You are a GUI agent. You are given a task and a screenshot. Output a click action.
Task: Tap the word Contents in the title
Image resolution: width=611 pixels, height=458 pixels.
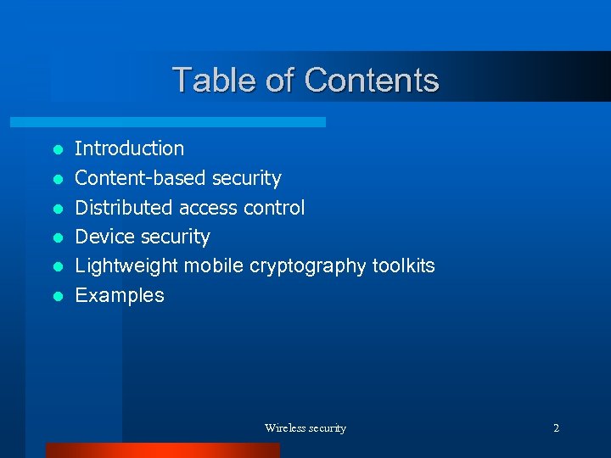pos(372,81)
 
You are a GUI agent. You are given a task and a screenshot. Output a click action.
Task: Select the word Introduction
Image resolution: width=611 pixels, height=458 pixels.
pos(129,148)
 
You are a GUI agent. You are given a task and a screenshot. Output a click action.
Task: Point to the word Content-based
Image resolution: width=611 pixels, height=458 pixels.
pos(141,178)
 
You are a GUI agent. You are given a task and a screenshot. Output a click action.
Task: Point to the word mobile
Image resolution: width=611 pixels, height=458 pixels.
pos(214,266)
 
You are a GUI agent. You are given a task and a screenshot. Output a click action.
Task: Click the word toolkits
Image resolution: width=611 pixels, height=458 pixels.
pos(404,266)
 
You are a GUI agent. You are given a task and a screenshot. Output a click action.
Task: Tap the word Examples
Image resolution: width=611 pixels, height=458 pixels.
pos(120,296)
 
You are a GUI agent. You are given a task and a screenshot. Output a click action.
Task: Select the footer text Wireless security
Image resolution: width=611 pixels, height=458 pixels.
pos(305,428)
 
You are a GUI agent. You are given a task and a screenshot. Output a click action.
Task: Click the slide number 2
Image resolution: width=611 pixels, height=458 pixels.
pos(556,428)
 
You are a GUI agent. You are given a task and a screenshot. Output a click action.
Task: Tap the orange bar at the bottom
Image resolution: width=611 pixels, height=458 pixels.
pos(162,450)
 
